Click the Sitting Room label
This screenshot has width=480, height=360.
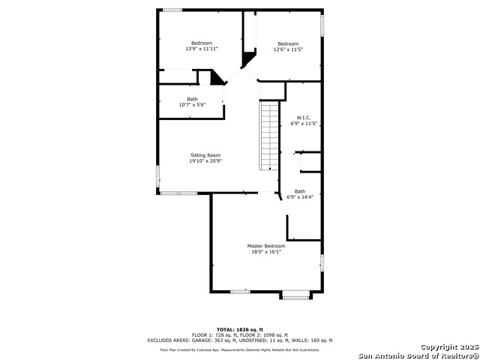coord(205,155)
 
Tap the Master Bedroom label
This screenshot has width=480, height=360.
coord(266,246)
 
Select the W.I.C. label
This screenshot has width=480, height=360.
coord(304,118)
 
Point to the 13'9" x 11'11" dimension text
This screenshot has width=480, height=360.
coord(202,49)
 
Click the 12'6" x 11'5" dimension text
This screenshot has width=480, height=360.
coord(288,49)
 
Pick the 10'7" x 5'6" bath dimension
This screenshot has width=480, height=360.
coord(192,105)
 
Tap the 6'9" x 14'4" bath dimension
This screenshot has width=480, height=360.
coord(300,197)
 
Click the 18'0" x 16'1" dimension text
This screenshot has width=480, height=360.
coord(266,252)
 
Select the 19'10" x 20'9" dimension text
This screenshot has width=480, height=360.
coord(205,161)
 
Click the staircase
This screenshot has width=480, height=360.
coord(269,136)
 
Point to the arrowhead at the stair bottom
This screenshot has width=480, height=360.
coord(270,168)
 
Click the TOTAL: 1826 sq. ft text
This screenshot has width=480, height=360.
coord(240,330)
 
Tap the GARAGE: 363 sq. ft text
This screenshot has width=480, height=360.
coord(214,340)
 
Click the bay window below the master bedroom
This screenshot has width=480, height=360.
coord(295,297)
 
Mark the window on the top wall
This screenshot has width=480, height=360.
coord(172,10)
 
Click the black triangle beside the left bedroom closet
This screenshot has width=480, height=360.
coord(217,77)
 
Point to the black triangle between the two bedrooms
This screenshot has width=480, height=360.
coord(248,58)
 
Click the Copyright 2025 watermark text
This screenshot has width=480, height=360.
coord(450,347)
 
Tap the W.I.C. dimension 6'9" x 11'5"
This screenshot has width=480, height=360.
coord(304,124)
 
